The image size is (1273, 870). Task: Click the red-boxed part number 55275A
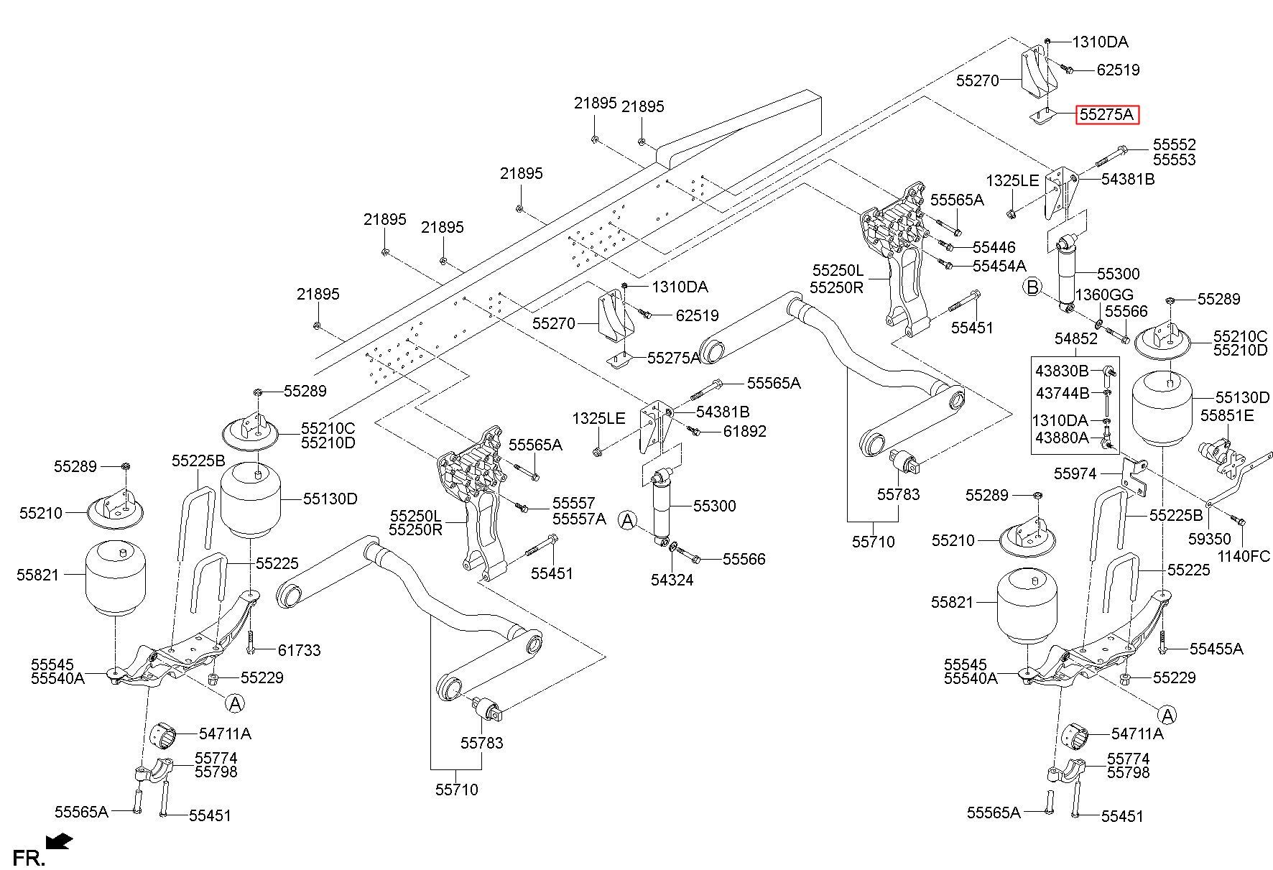1106,114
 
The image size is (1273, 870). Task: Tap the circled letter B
1032,288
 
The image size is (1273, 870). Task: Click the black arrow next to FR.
57,841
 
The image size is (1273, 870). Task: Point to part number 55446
994,247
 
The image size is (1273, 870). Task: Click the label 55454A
999,266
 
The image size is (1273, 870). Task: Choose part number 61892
744,431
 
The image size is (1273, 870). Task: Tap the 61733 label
300,650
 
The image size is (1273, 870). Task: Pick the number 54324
672,580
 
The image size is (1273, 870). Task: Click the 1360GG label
1104,295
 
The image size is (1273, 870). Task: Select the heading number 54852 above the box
1076,338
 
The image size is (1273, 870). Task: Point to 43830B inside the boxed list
1063,371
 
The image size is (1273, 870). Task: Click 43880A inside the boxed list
1062,437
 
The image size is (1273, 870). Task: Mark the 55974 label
1075,473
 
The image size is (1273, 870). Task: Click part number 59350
1209,539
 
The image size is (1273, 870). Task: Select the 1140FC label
1244,556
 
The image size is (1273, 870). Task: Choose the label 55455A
1216,649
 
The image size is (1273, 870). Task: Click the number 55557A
579,518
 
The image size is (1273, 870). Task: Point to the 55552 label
1175,144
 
